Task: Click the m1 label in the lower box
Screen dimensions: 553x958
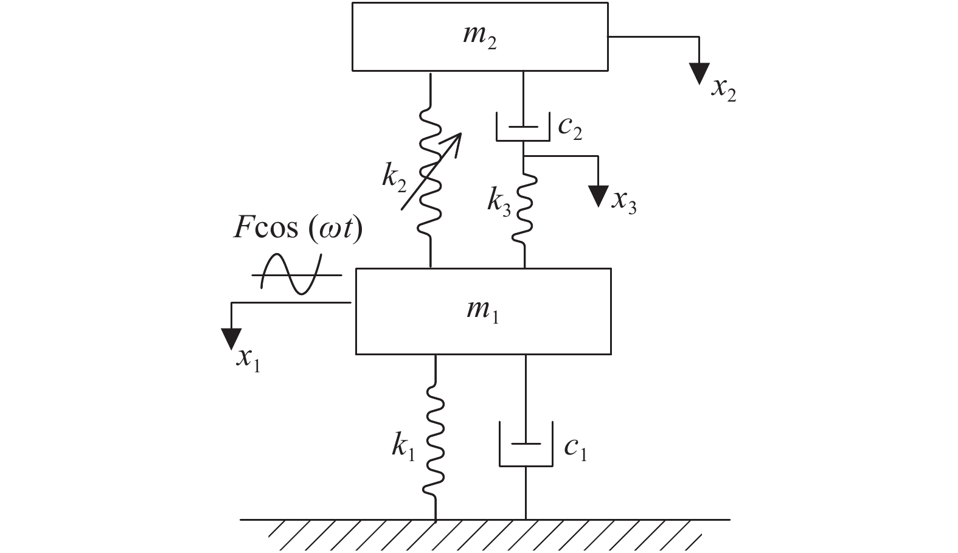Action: pyautogui.click(x=483, y=311)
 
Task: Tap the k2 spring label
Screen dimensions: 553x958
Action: pyautogui.click(x=395, y=178)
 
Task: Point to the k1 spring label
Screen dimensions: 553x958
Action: pyautogui.click(x=403, y=448)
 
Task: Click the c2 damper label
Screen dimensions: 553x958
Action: pyautogui.click(x=570, y=128)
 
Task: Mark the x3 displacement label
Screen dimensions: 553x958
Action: pyautogui.click(x=624, y=201)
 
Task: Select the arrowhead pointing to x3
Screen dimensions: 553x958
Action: pyautogui.click(x=599, y=196)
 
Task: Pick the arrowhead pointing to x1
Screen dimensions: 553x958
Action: pyautogui.click(x=231, y=338)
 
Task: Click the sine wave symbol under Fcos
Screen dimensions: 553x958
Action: pyautogui.click(x=296, y=275)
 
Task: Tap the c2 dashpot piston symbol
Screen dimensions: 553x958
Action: pyautogui.click(x=524, y=128)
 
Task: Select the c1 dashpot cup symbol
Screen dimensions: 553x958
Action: pyautogui.click(x=526, y=450)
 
